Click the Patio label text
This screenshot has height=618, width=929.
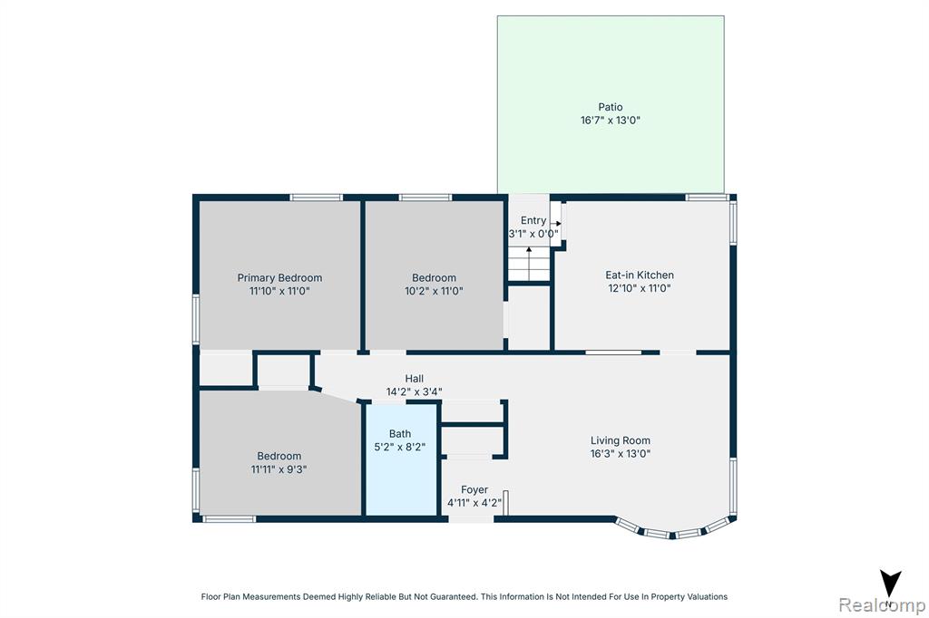[x=611, y=107]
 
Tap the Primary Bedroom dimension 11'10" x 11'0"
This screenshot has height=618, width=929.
[x=279, y=291]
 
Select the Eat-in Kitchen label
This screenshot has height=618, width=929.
[x=640, y=275]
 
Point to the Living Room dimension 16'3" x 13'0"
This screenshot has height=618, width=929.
[x=621, y=453]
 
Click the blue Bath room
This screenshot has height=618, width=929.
[x=401, y=459]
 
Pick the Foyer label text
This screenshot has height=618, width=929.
[x=474, y=489]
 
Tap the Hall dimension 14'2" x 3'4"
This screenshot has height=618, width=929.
[x=414, y=391]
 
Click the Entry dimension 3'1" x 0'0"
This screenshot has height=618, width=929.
[x=533, y=234]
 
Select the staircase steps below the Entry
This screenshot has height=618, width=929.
[x=529, y=264]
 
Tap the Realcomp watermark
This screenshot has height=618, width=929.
[x=882, y=605]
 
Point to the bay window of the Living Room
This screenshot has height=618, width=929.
[x=676, y=528]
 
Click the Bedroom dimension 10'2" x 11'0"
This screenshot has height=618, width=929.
[x=434, y=291]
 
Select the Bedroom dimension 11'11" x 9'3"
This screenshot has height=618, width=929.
[x=279, y=468]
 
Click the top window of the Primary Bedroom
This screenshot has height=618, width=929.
[x=317, y=198]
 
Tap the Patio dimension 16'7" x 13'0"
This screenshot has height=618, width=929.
[x=611, y=121]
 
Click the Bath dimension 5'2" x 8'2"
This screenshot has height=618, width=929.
[x=400, y=447]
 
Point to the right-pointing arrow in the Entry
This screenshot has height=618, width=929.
[x=555, y=224]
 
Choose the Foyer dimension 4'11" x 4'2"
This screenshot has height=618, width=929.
[x=474, y=503]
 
